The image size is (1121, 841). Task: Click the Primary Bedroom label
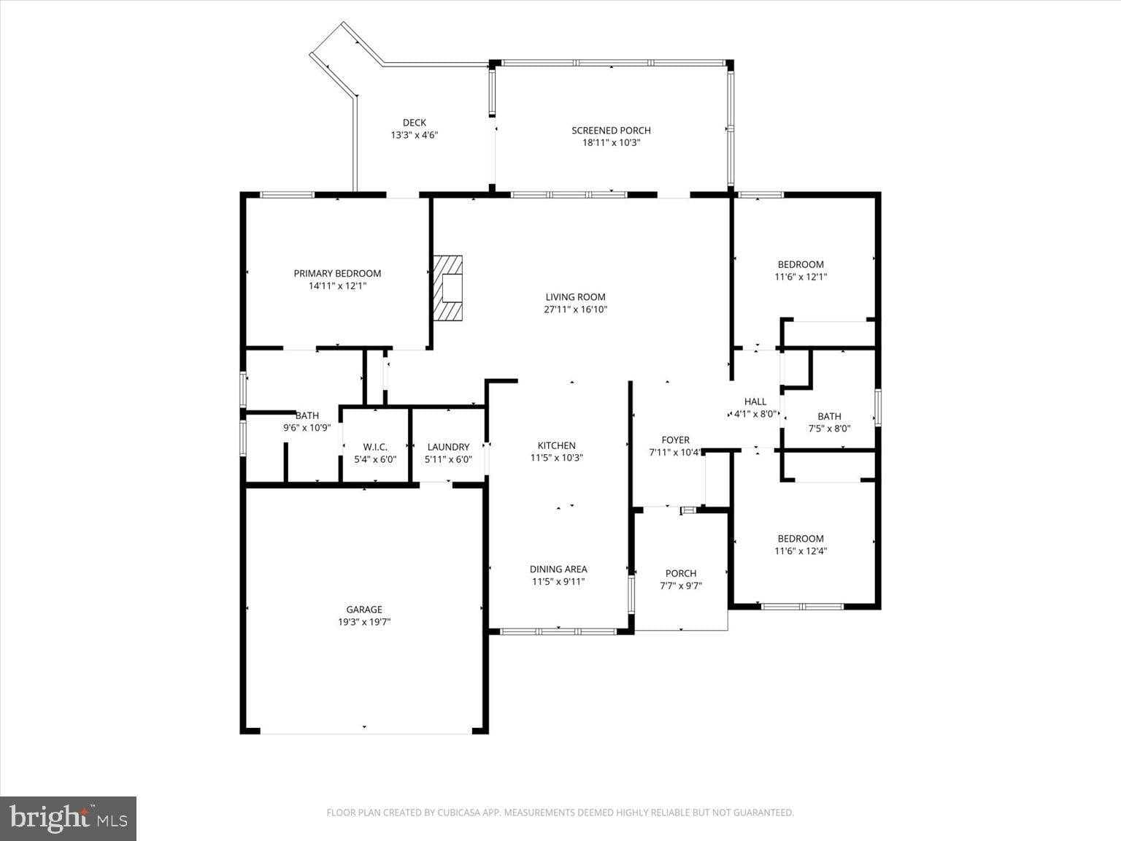337,274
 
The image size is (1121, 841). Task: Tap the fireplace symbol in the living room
449,288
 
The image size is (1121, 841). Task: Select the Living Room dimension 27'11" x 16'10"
576,310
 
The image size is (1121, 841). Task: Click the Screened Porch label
611,131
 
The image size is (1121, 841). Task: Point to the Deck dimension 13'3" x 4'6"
414,135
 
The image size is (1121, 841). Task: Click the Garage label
363,610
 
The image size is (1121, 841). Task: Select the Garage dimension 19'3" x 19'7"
363,622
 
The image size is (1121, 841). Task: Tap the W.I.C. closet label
375,447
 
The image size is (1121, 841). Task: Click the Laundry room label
448,447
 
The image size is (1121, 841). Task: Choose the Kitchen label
556,445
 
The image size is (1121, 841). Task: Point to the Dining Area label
558,569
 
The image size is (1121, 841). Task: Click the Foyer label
675,440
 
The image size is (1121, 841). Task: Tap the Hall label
755,402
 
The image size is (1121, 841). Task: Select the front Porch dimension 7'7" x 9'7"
680,585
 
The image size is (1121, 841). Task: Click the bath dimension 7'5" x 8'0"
829,429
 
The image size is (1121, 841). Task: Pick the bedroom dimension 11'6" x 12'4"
801,551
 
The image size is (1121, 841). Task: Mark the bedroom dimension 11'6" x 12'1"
801,277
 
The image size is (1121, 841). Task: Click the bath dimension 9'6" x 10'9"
307,429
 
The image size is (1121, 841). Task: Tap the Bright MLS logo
68,818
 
